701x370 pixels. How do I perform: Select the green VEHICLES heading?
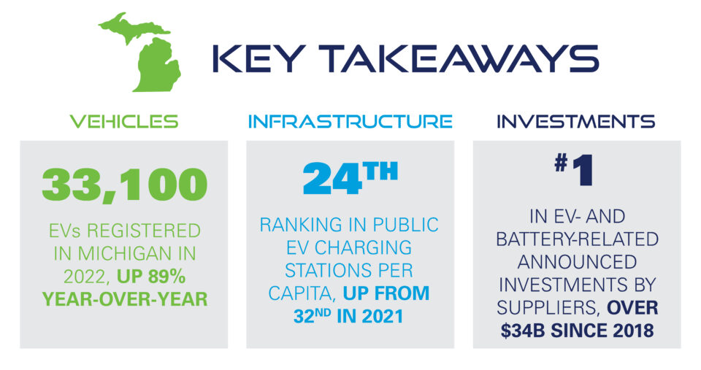(x=123, y=121)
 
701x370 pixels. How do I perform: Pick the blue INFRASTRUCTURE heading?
(x=350, y=121)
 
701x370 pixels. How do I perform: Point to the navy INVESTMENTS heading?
(x=576, y=121)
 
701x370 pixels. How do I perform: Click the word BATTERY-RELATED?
(x=576, y=239)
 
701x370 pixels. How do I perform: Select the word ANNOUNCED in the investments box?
(x=576, y=261)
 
